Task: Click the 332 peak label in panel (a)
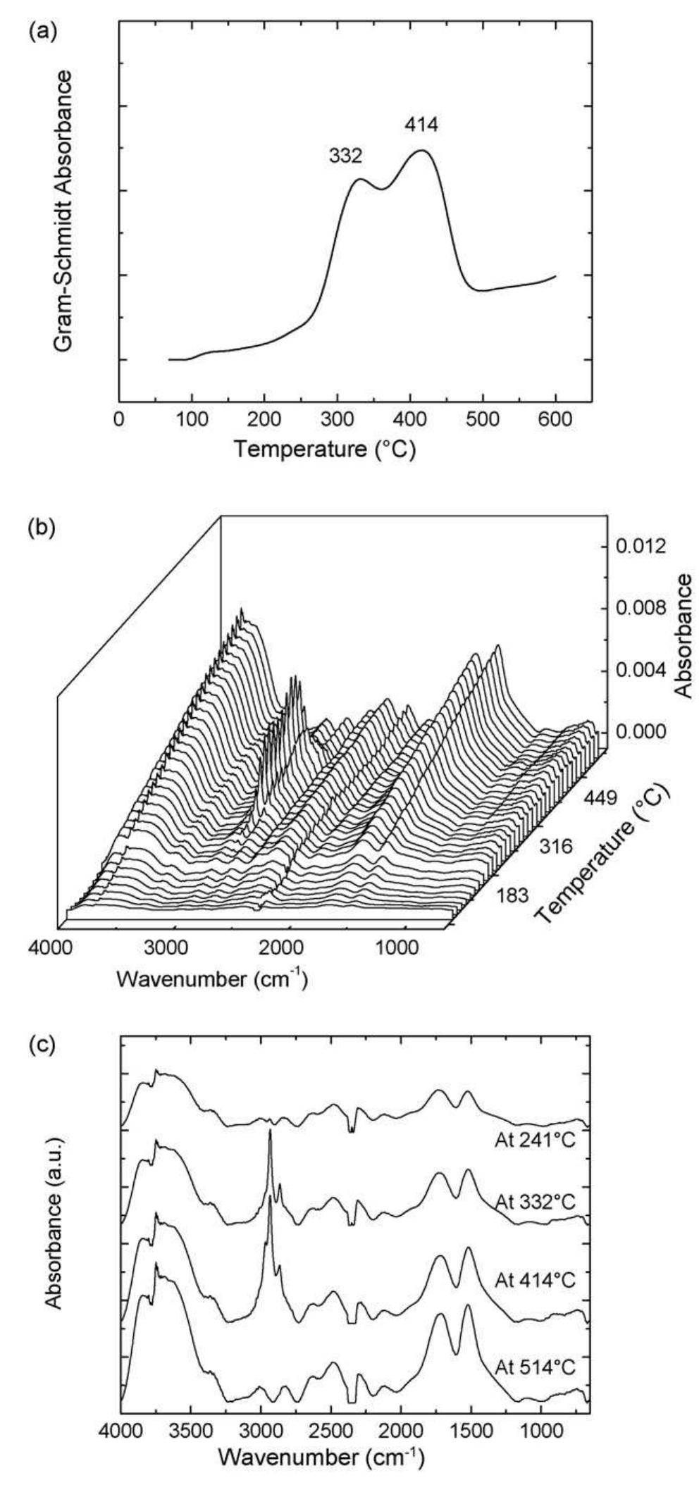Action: point(345,156)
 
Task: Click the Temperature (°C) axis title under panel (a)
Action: point(325,448)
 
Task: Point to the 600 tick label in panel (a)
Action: point(555,419)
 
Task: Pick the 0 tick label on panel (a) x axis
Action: point(120,419)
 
